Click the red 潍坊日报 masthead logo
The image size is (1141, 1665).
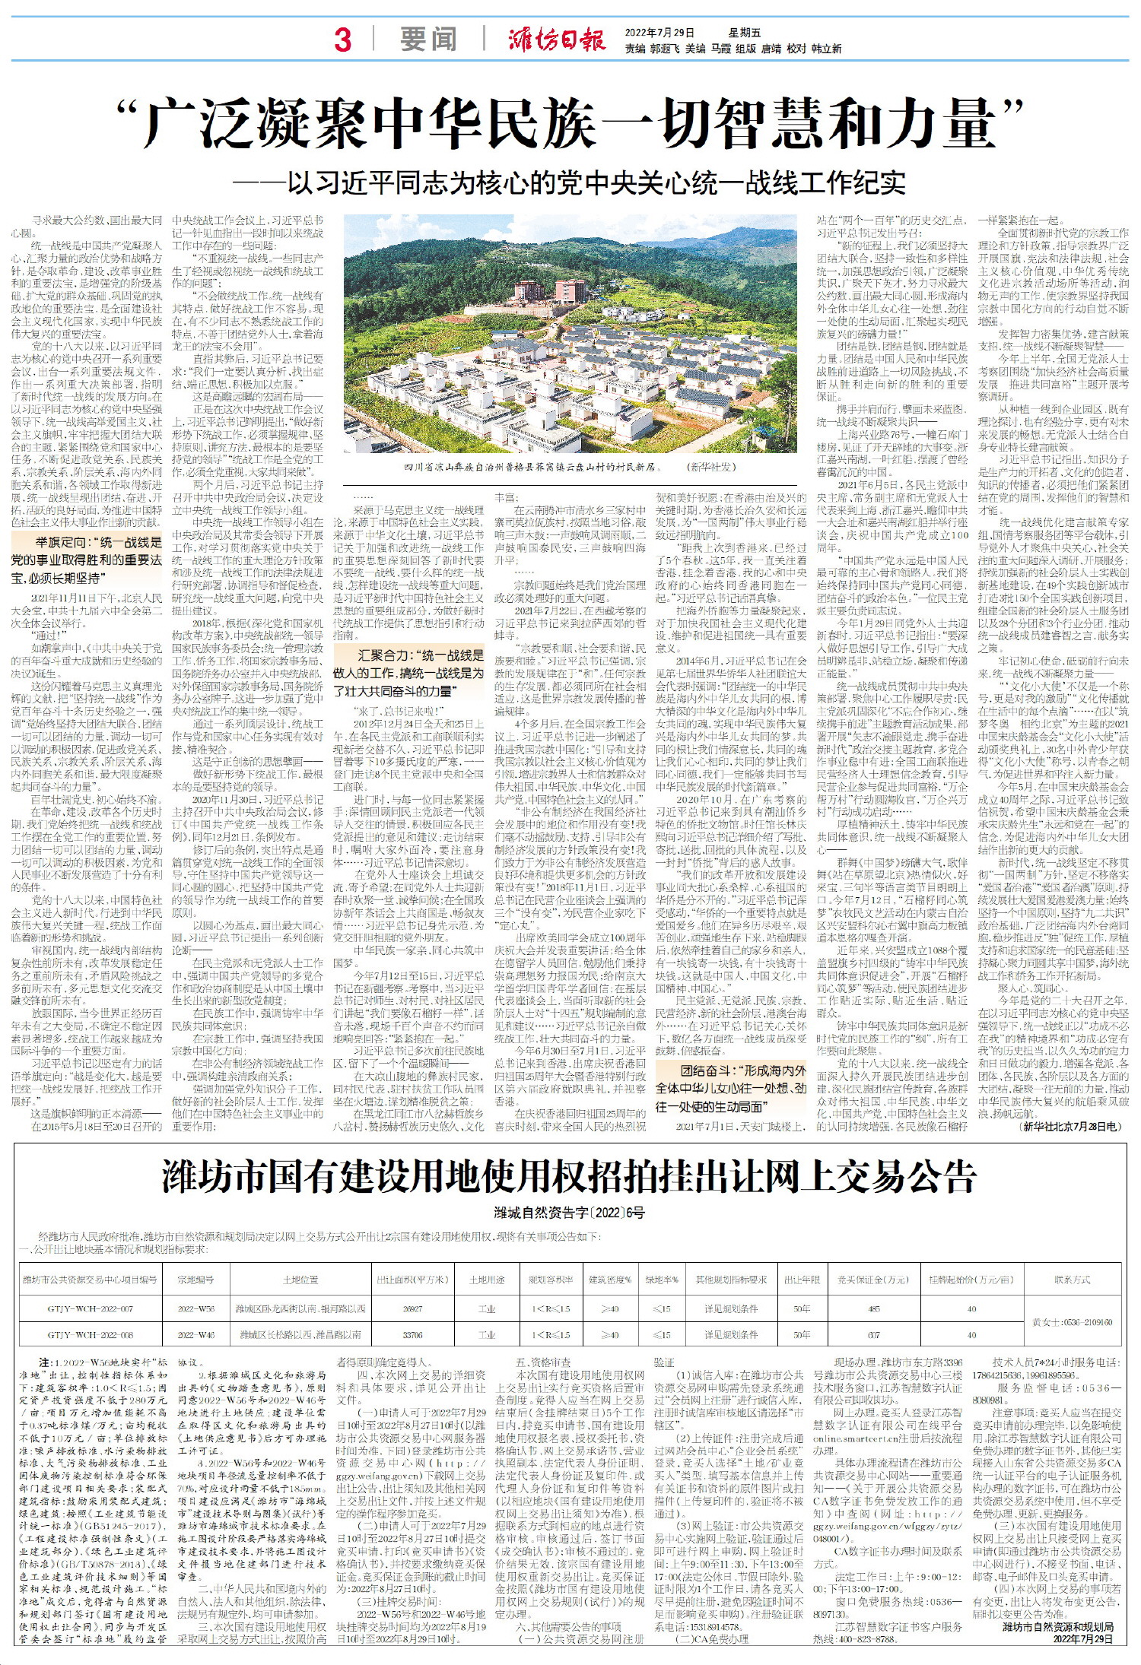[x=557, y=39]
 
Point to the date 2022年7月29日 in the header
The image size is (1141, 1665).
[x=659, y=33]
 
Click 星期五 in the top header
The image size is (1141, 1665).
[x=744, y=33]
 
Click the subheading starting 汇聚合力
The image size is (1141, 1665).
[x=408, y=673]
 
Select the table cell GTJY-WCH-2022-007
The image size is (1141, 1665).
[x=91, y=1308]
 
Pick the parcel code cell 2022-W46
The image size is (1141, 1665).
[x=196, y=1334]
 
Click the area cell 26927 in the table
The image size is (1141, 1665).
[x=412, y=1308]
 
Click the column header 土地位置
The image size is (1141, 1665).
[x=300, y=1280]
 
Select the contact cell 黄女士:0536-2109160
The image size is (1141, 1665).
[x=1072, y=1322]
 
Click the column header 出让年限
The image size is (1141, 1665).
[x=802, y=1280]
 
